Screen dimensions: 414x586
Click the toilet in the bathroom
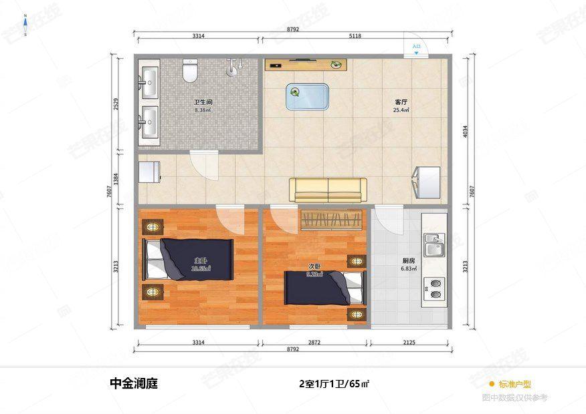click(x=191, y=69)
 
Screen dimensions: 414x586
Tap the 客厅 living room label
click(x=401, y=103)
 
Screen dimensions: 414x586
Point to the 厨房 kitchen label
click(x=409, y=261)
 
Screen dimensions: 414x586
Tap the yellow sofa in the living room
click(x=328, y=190)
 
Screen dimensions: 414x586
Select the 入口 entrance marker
click(x=416, y=48)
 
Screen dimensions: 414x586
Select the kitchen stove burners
click(x=435, y=288)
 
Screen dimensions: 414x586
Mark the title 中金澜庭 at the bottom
click(x=134, y=385)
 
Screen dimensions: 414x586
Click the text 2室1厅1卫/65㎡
click(x=334, y=385)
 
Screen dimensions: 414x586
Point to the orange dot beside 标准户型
click(x=491, y=384)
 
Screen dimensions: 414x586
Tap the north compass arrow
click(x=25, y=24)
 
